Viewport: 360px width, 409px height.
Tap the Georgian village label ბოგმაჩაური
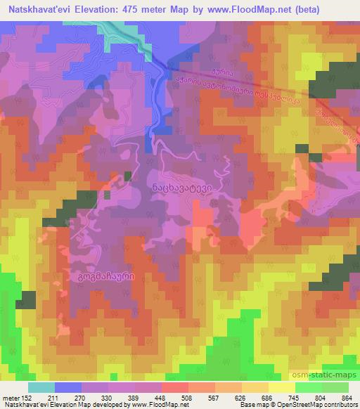[102, 278]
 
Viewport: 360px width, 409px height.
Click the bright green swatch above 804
[308, 387]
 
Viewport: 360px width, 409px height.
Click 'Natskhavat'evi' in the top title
[41, 9]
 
